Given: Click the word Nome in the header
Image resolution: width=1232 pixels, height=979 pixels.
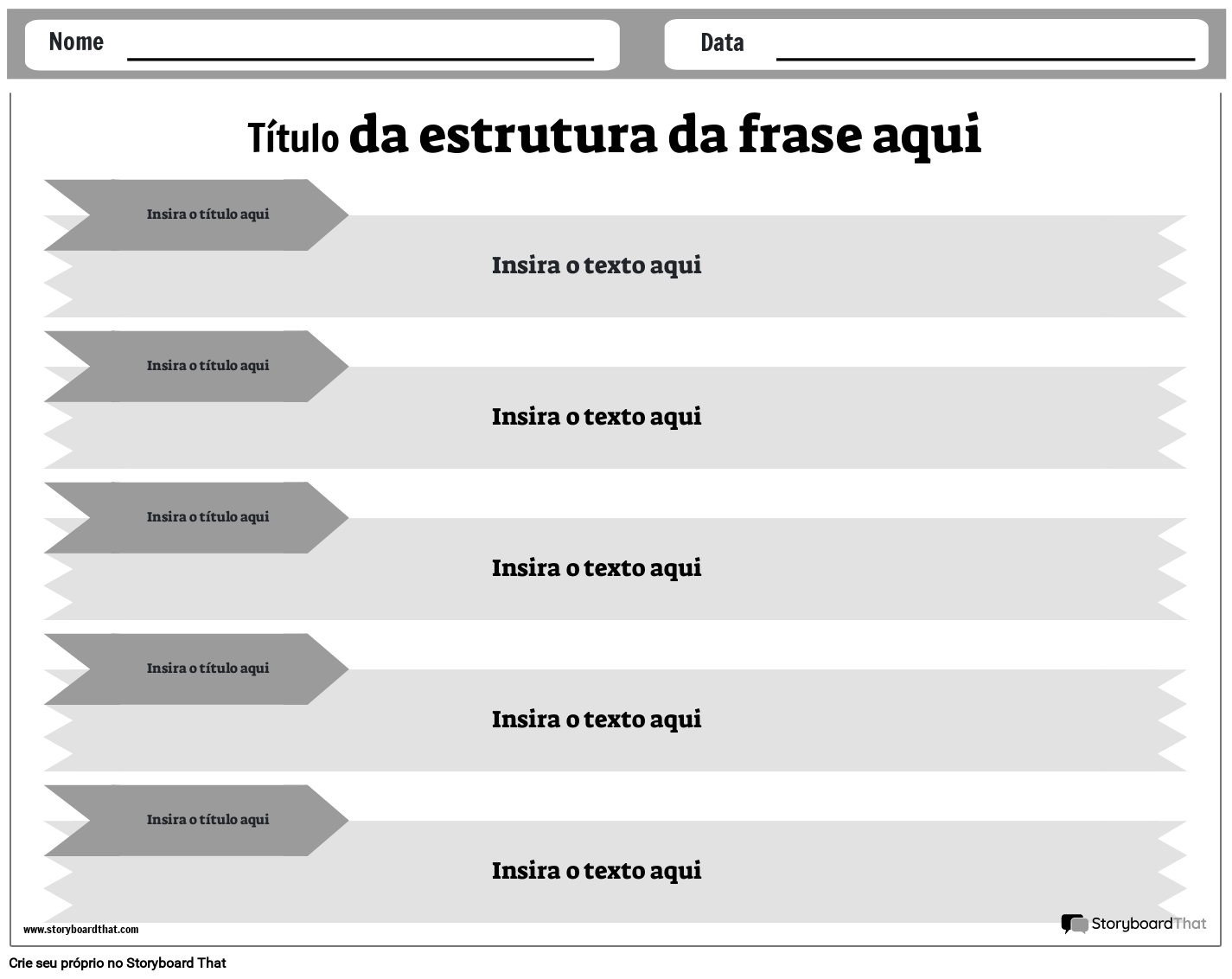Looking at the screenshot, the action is [x=76, y=42].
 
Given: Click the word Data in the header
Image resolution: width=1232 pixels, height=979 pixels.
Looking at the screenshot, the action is [x=722, y=42].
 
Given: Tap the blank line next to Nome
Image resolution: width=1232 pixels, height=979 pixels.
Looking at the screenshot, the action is [x=361, y=59].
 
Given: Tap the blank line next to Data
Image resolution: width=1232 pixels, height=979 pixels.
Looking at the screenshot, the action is [x=986, y=59].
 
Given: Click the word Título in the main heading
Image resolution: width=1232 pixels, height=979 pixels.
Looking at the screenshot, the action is [x=293, y=138].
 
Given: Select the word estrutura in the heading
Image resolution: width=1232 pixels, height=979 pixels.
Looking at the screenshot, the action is [x=538, y=136].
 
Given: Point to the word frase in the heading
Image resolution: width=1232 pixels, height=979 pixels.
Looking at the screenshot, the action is [x=800, y=134].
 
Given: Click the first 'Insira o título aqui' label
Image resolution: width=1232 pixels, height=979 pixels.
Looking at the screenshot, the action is [x=207, y=214].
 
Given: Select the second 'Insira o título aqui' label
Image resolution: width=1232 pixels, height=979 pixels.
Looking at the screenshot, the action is [x=207, y=366].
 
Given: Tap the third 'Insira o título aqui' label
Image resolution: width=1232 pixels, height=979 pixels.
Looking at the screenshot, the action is [x=207, y=516].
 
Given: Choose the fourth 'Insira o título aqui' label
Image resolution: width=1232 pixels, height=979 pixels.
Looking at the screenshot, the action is [x=207, y=668].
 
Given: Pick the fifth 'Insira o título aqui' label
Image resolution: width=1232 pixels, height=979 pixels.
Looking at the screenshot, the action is [x=207, y=819].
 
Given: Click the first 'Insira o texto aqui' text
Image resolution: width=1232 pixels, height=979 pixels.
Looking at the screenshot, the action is [x=597, y=266].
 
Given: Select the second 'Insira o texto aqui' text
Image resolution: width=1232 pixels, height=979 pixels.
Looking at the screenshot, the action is [x=597, y=417].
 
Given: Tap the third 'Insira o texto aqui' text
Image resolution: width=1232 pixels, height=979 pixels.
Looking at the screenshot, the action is [x=597, y=568].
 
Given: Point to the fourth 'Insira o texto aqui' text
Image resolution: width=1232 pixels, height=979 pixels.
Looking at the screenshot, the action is [x=597, y=720].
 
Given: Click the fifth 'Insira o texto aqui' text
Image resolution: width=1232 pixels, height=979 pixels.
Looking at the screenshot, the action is [x=597, y=871].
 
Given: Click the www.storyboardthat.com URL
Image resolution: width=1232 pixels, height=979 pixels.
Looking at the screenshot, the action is [x=80, y=930].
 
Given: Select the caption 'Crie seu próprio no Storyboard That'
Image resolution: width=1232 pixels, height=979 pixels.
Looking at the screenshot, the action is [x=118, y=963].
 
